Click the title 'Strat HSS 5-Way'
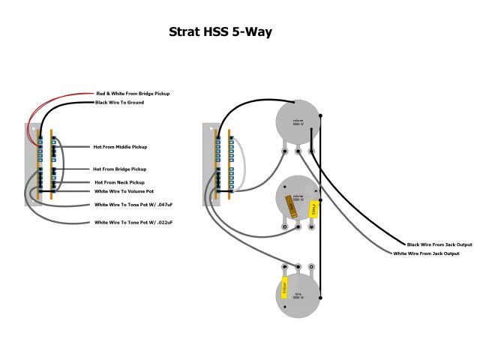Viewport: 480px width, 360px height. coord(220,32)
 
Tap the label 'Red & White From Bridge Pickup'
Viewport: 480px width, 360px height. coord(133,93)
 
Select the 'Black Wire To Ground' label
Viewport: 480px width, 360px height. coord(119,102)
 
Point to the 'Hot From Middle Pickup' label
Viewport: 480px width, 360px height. coord(120,146)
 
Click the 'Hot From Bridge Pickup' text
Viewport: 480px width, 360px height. coord(120,169)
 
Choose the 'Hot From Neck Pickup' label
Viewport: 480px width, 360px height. coord(119,182)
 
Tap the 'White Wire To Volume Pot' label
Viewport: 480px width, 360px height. coord(124,191)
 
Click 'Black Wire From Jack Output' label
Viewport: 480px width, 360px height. coord(439,244)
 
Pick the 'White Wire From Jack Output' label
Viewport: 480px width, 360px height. coord(426,253)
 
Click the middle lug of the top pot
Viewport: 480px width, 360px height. coord(298,151)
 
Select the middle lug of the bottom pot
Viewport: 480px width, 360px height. coord(298,265)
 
